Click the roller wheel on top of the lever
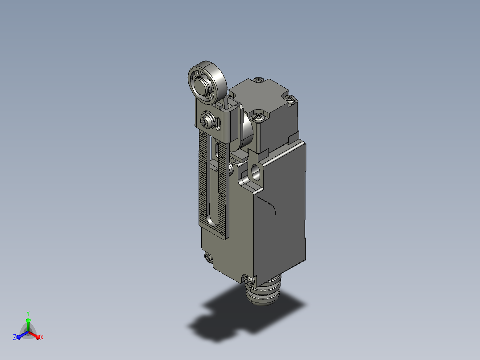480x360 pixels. pyautogui.click(x=207, y=82)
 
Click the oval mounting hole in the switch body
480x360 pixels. pyautogui.click(x=255, y=173)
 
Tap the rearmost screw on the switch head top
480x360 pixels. pyautogui.click(x=259, y=80)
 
